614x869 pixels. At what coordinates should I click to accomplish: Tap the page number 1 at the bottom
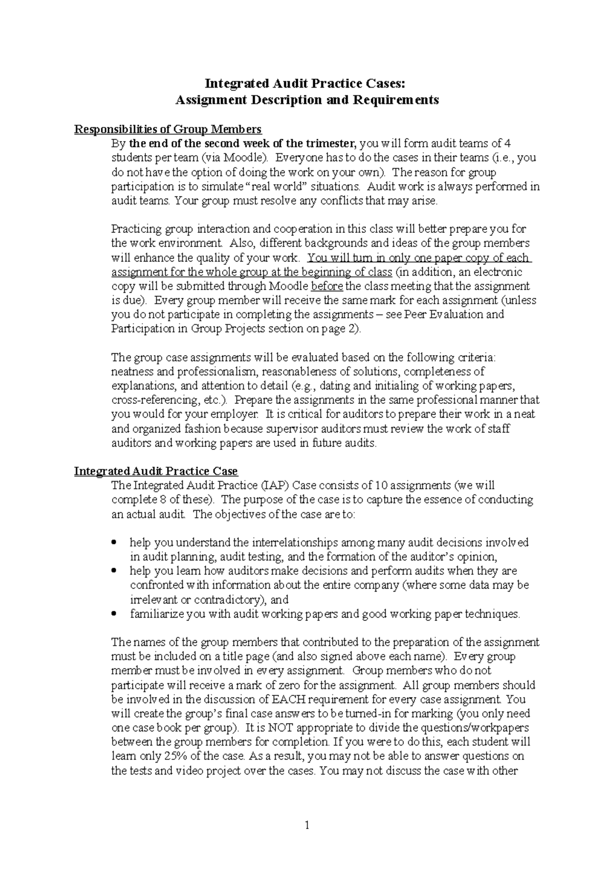pyautogui.click(x=307, y=825)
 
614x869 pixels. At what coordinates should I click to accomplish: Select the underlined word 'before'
pyautogui.click(x=326, y=286)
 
